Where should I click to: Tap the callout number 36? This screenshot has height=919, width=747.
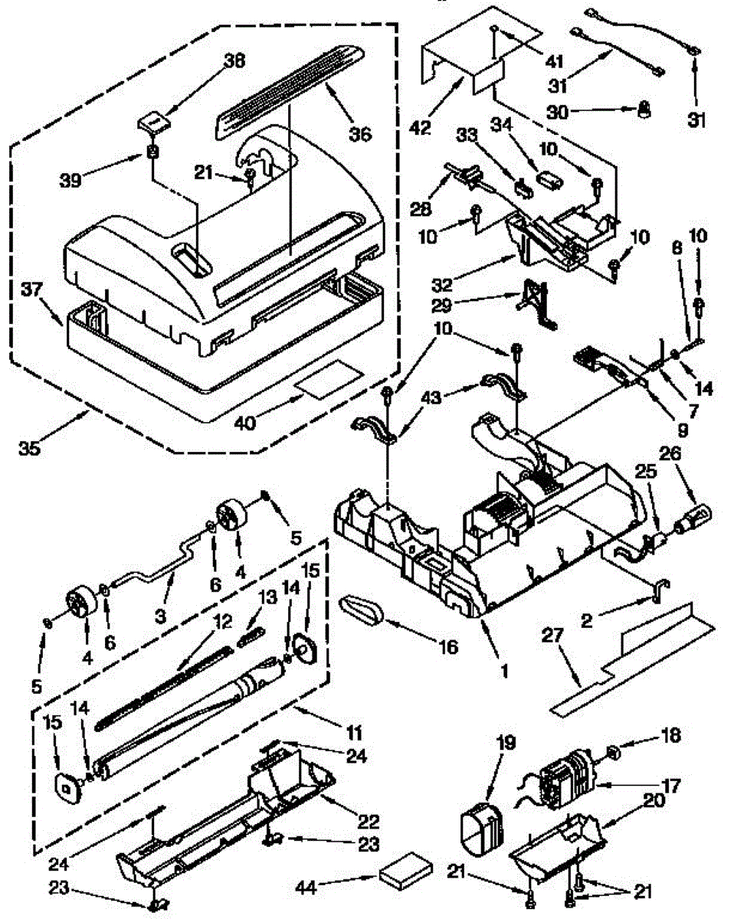[x=359, y=135]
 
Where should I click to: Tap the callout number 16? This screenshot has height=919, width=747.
[x=447, y=647]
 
